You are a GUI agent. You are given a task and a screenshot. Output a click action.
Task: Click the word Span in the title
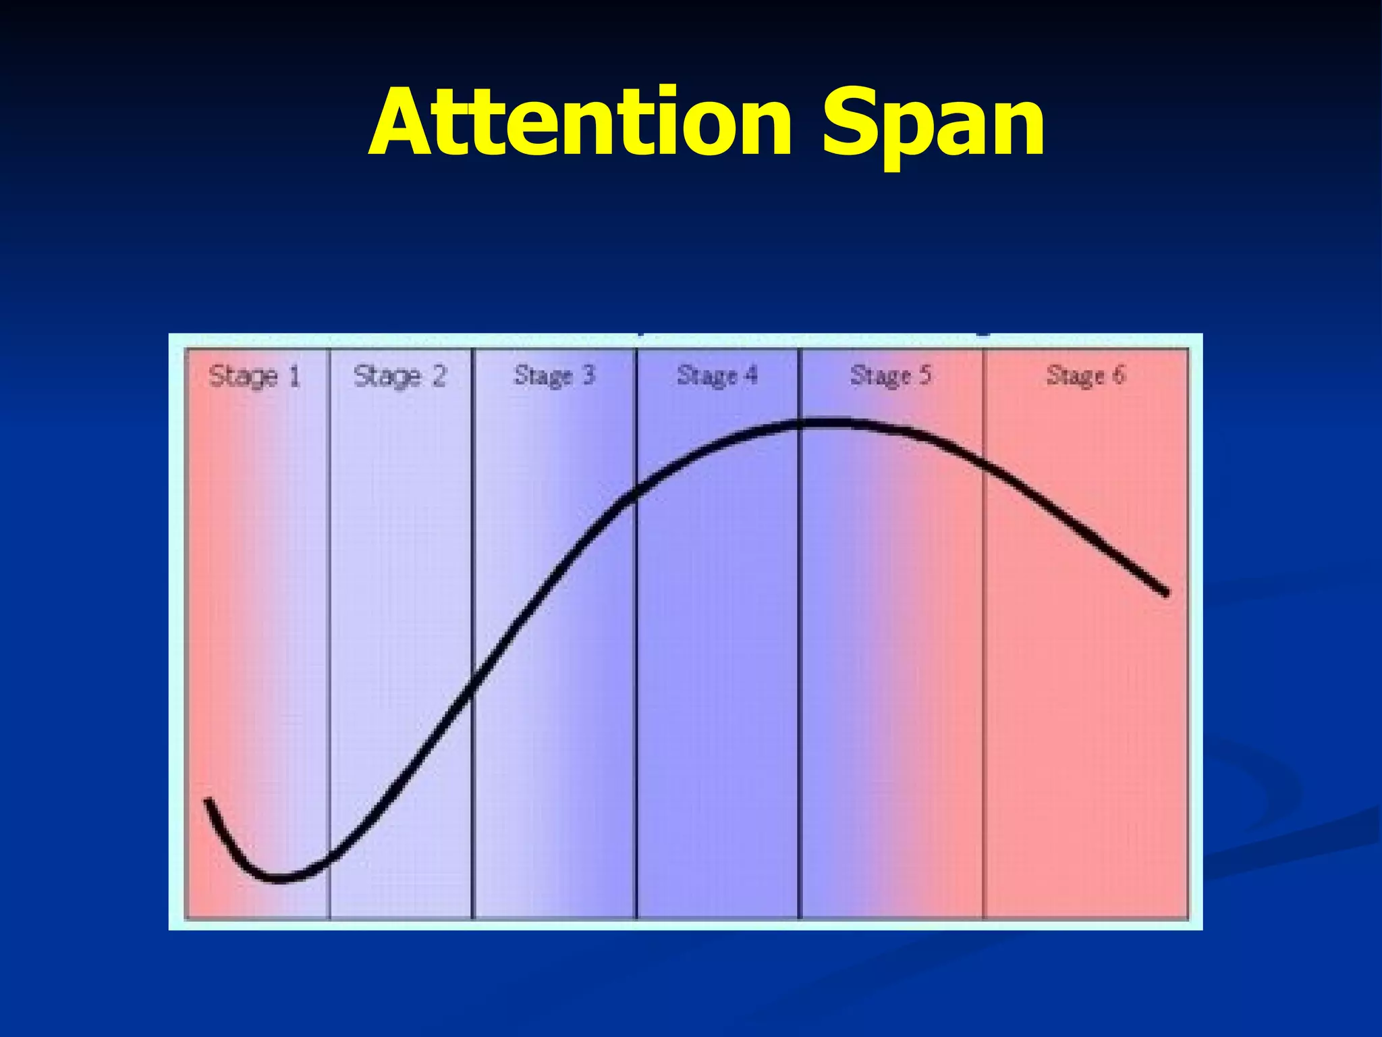933,123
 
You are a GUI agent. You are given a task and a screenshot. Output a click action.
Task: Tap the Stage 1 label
254,377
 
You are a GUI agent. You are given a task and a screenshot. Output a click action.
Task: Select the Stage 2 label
399,377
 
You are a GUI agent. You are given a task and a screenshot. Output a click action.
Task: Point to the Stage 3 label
554,375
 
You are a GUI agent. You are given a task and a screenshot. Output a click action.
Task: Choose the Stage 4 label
717,375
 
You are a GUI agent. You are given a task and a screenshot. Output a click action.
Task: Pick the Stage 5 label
890,375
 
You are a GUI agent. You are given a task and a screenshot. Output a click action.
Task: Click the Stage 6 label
1085,375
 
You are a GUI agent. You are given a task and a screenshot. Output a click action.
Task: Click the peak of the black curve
820,424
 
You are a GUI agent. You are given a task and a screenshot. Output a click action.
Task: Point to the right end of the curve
1165,593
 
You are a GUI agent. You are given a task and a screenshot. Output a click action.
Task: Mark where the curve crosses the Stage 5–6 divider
983,464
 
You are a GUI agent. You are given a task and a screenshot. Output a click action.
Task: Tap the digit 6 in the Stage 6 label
1118,375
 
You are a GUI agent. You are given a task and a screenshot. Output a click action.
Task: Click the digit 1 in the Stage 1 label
294,377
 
